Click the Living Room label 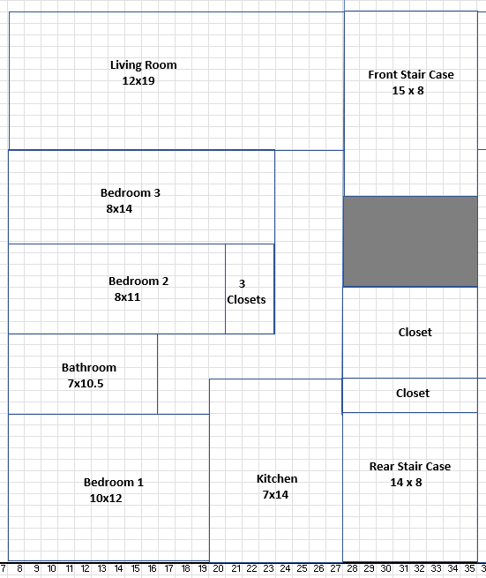point(144,65)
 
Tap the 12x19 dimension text point(138,80)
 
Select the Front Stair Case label point(411,75)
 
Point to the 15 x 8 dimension point(407,91)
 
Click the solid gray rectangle point(410,242)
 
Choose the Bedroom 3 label point(131,192)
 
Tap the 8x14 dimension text point(119,208)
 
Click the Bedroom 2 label point(138,281)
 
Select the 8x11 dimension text point(127,297)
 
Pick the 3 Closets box point(250,289)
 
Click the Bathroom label point(89,367)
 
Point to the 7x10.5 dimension point(86,383)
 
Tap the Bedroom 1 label point(114,482)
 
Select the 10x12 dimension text point(106,498)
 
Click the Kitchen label point(277,478)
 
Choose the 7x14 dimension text point(275,494)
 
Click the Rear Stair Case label point(410,466)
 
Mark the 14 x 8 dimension point(406,482)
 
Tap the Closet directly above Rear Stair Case point(413,394)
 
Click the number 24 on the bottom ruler point(285,569)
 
